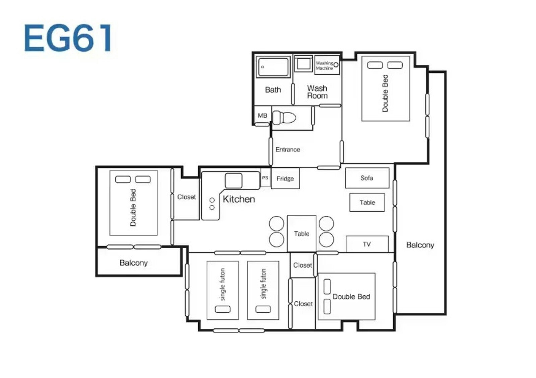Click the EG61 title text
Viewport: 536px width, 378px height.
pyautogui.click(x=68, y=38)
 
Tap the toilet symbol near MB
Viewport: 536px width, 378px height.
pyautogui.click(x=284, y=118)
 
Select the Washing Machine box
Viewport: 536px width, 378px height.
pyautogui.click(x=327, y=65)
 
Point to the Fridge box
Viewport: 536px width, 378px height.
pyautogui.click(x=285, y=178)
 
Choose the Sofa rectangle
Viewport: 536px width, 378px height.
pyautogui.click(x=367, y=178)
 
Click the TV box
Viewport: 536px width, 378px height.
pyautogui.click(x=367, y=244)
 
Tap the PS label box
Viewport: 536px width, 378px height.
pyautogui.click(x=265, y=178)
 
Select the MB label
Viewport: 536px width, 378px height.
pyautogui.click(x=262, y=116)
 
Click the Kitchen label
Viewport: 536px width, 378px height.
pyautogui.click(x=239, y=199)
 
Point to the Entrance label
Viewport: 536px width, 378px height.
pyautogui.click(x=288, y=149)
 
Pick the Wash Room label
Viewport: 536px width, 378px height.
pyautogui.click(x=317, y=92)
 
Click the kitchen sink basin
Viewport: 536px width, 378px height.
pyautogui.click(x=233, y=181)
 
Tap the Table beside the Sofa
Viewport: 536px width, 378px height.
pyautogui.click(x=367, y=202)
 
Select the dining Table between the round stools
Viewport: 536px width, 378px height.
pyautogui.click(x=301, y=234)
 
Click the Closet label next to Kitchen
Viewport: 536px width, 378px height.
pyautogui.click(x=186, y=197)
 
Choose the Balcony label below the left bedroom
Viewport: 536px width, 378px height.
pyautogui.click(x=134, y=263)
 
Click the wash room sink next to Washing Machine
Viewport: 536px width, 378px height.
pyautogui.click(x=304, y=64)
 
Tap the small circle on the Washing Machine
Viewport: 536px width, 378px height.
pyautogui.click(x=336, y=65)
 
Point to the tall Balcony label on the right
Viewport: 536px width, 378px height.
pyautogui.click(x=420, y=245)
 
